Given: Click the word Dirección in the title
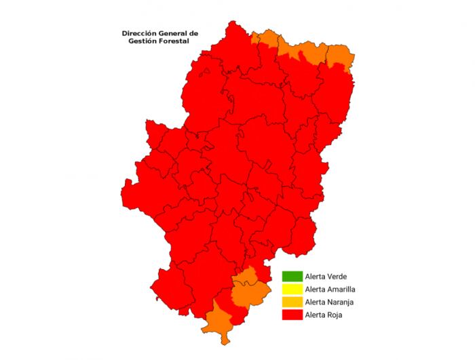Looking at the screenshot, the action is point(137,33).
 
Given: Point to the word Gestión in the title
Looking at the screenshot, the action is point(144,41).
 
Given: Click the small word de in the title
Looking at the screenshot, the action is point(193,33).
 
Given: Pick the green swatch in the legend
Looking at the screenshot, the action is point(292,277).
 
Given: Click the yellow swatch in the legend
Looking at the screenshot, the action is point(292,289).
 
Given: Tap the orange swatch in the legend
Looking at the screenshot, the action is point(292,302).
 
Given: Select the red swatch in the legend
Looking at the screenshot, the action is point(292,315).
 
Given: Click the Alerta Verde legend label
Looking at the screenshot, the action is point(326,277).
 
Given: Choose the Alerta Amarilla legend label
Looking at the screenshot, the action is point(331,289).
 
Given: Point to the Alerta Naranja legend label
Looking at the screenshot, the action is point(330,302).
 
